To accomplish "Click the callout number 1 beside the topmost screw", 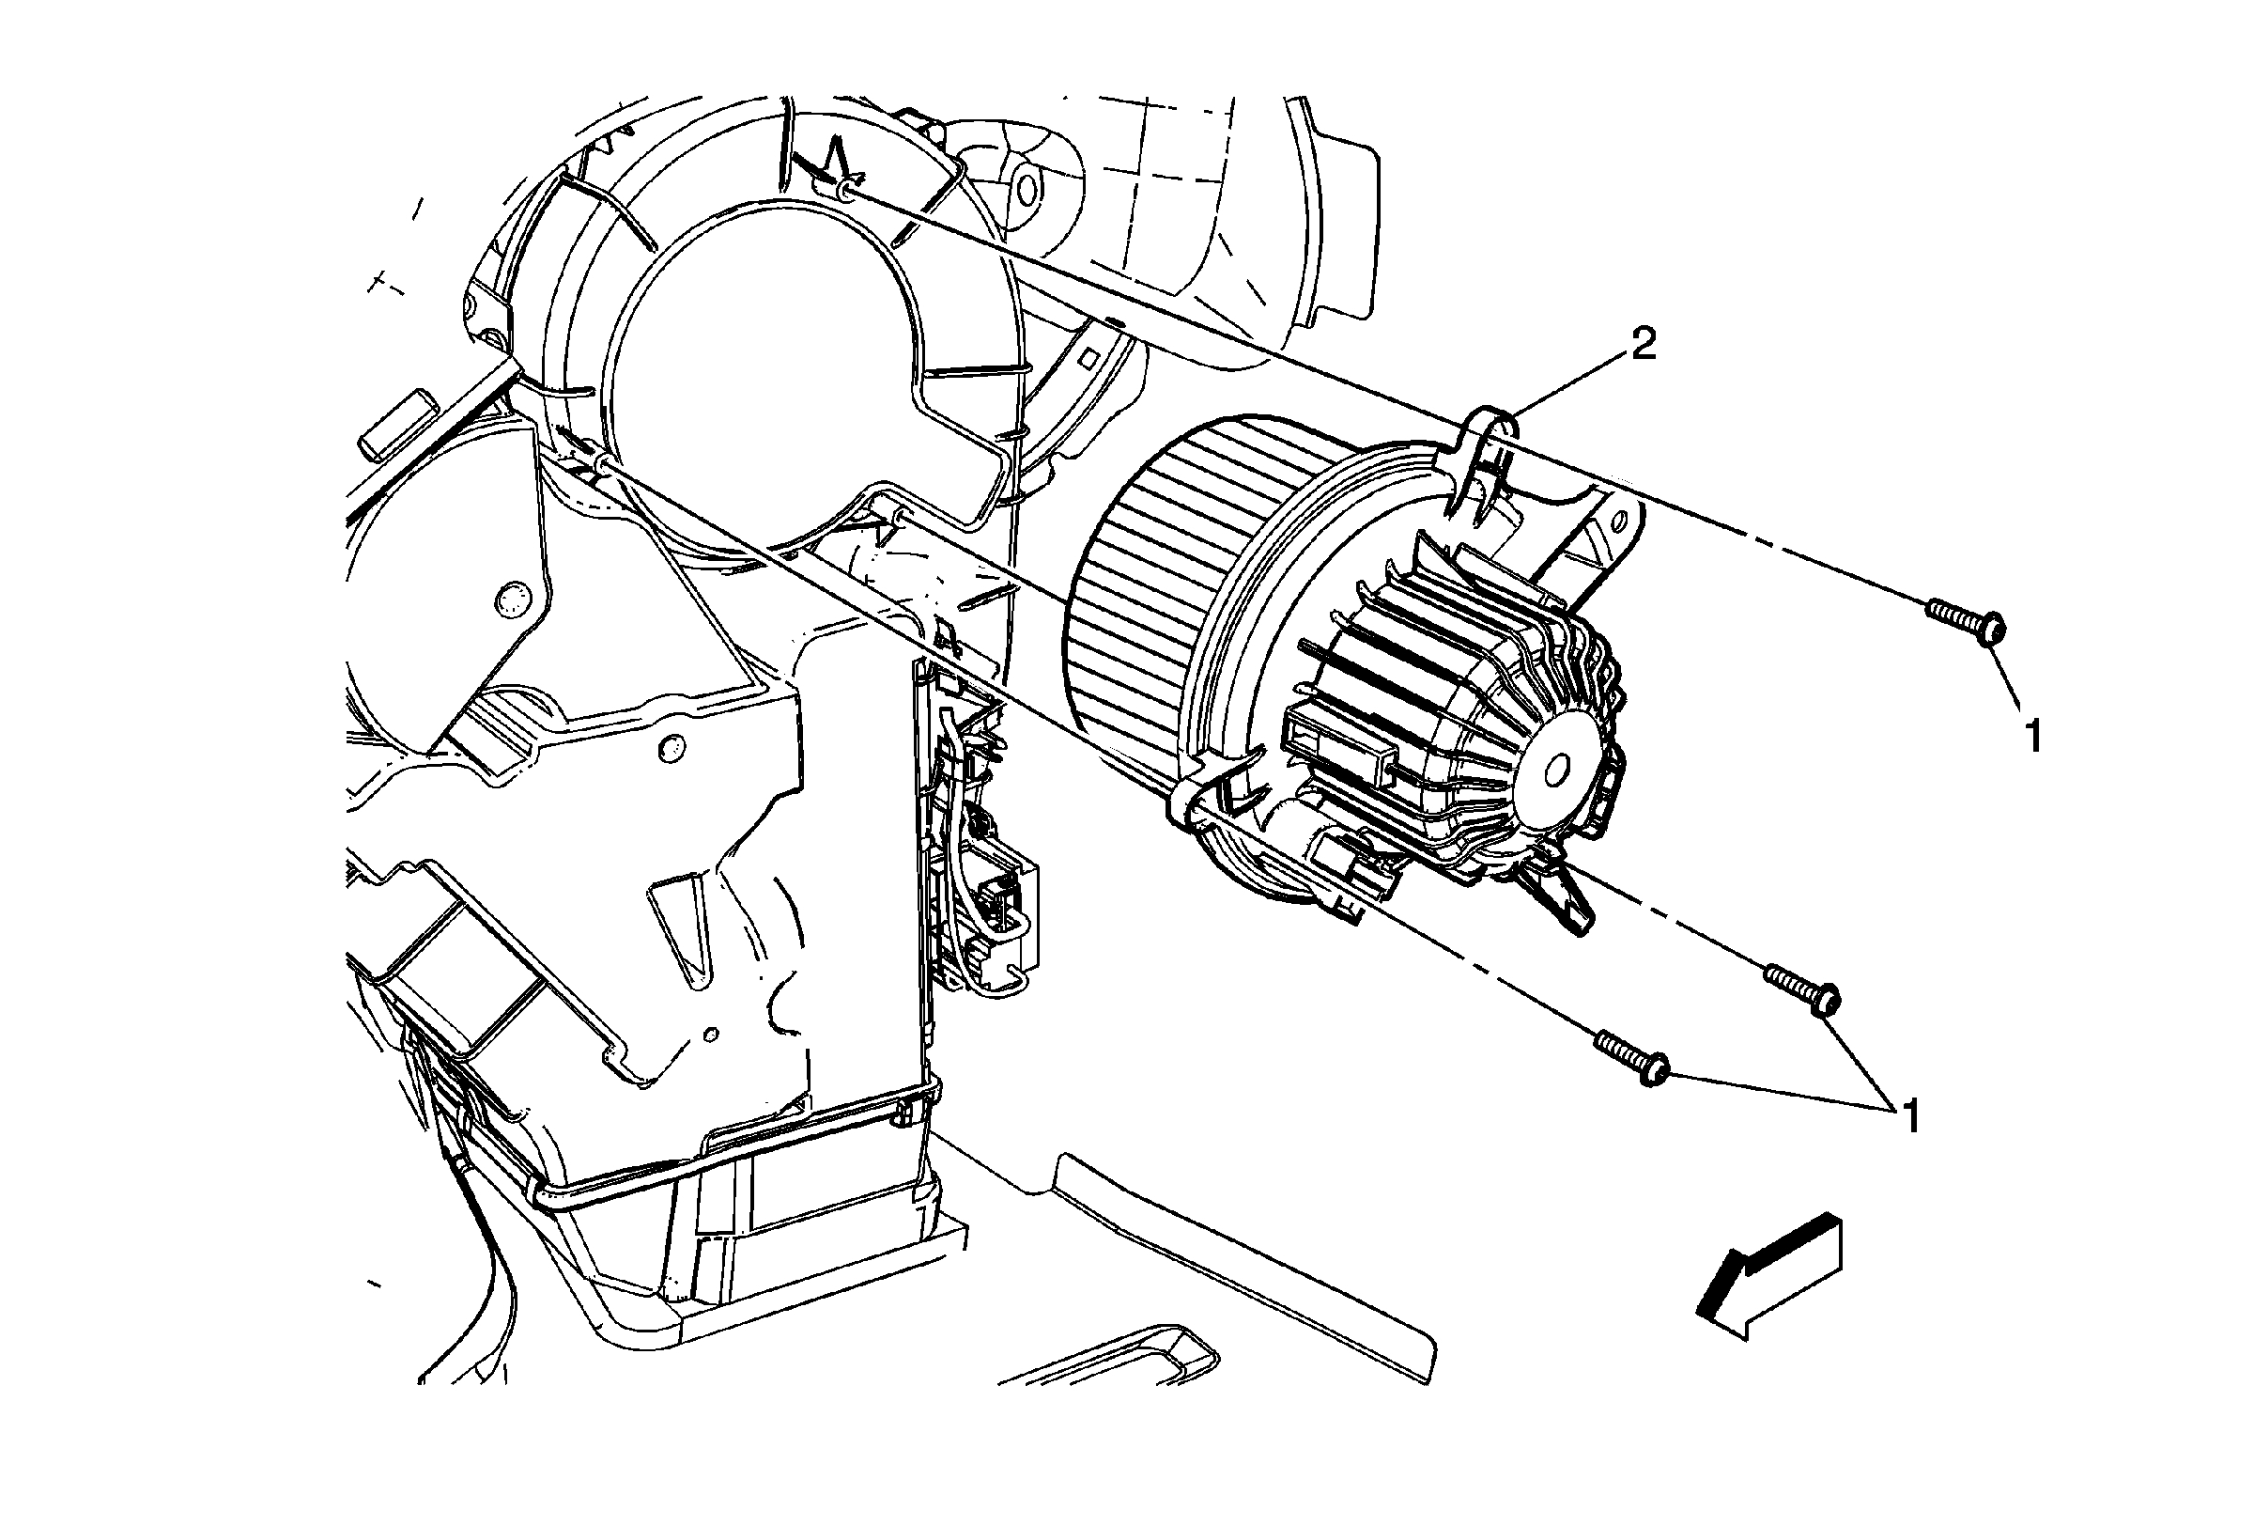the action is [2034, 737].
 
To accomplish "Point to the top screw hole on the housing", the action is [846, 191].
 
